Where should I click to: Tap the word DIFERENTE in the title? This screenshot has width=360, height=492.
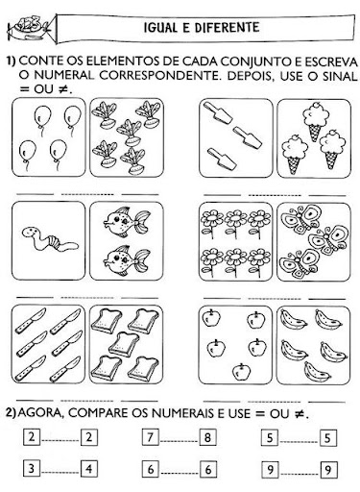(x=227, y=28)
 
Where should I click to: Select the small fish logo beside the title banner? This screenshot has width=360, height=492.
(x=28, y=28)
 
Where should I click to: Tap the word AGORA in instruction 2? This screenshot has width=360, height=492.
(x=42, y=413)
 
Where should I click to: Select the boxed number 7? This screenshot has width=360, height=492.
(x=151, y=437)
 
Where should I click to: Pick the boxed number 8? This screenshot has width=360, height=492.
(x=207, y=437)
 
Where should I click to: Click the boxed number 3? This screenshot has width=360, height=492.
(x=32, y=469)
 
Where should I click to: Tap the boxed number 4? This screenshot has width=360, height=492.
(x=88, y=469)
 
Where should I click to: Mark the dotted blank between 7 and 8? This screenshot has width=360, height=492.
(x=180, y=441)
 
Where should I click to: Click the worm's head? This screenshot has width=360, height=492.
(x=30, y=232)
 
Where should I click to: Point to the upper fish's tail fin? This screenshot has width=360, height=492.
(x=142, y=221)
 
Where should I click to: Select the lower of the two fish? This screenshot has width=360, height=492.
(x=127, y=258)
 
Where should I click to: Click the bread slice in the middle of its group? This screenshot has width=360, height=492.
(x=124, y=344)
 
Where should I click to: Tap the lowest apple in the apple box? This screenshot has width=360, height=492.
(x=241, y=372)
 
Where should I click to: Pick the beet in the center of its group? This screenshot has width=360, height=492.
(x=129, y=132)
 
